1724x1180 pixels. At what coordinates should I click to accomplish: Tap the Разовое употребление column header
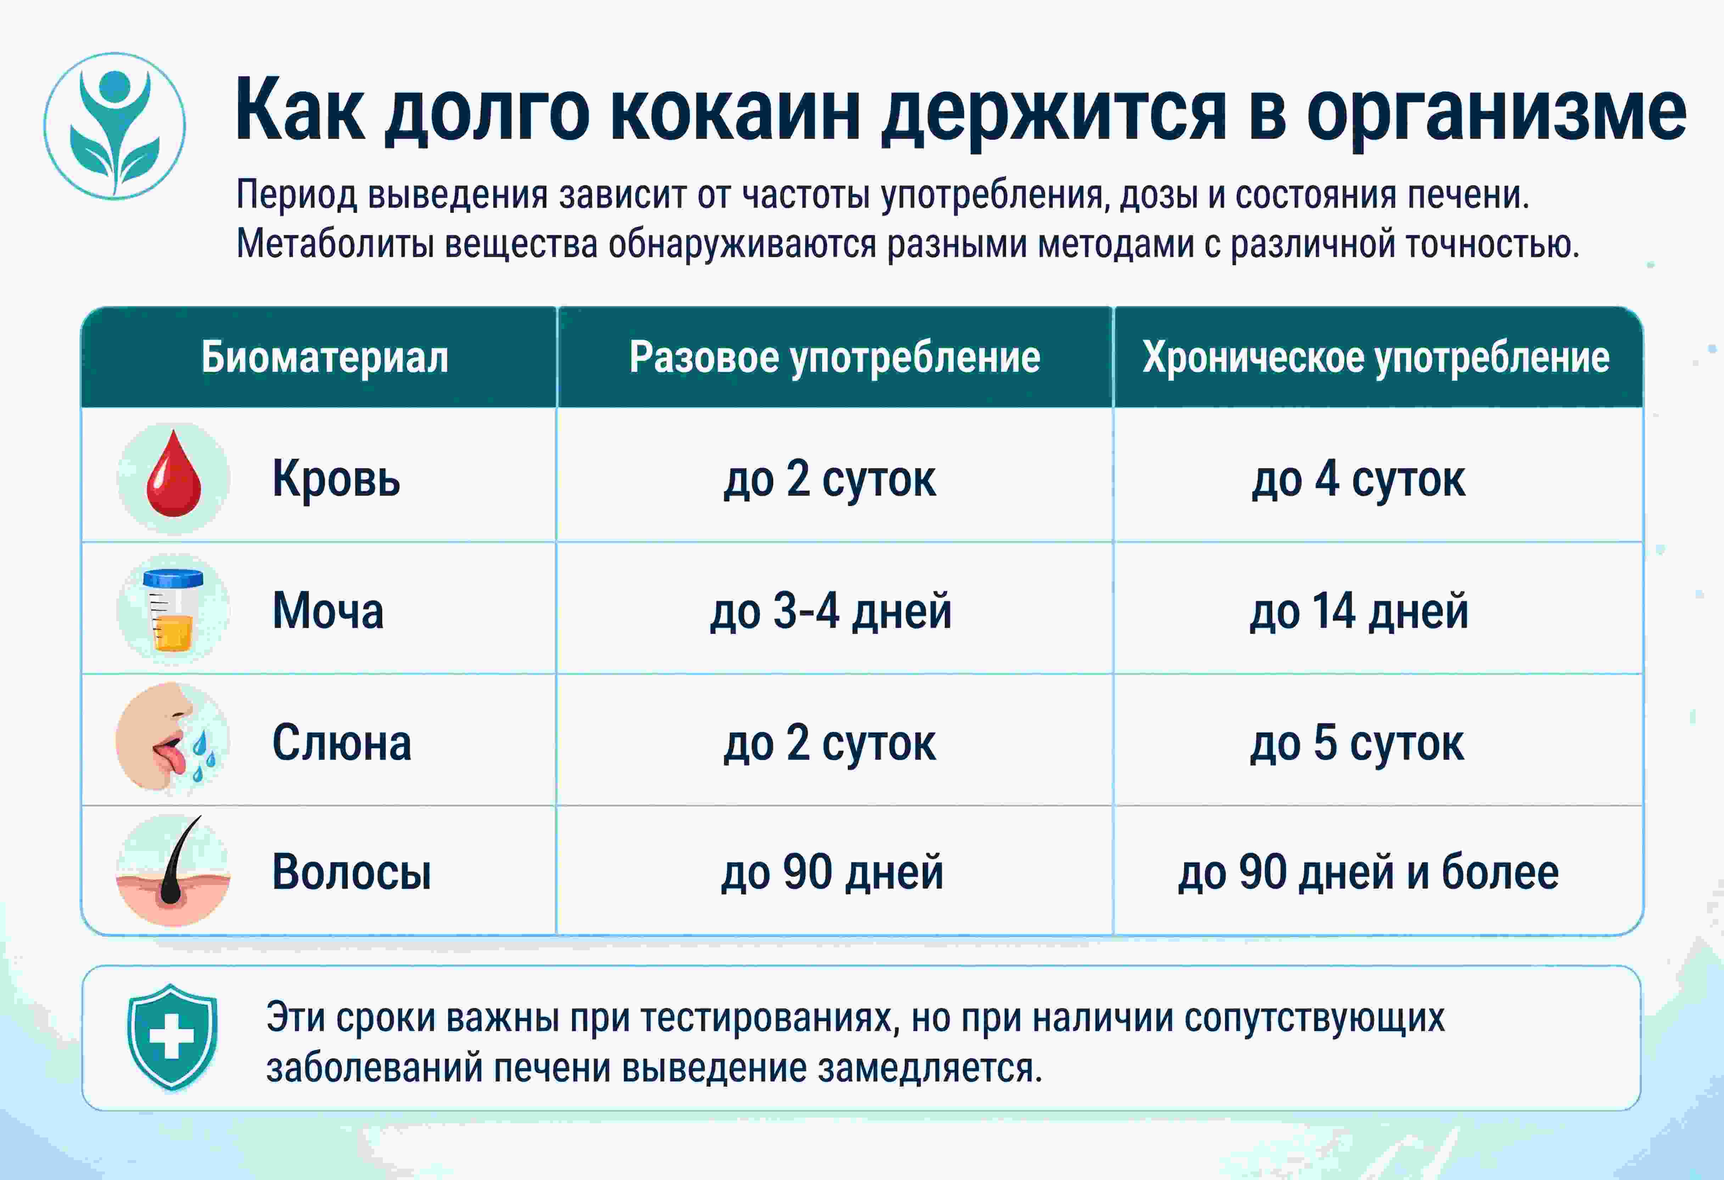pyautogui.click(x=835, y=358)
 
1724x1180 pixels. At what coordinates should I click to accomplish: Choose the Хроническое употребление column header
pyautogui.click(x=1376, y=358)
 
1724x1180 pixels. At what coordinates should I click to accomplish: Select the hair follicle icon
pyautogui.click(x=174, y=870)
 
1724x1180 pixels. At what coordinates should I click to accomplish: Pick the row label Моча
pyautogui.click(x=328, y=611)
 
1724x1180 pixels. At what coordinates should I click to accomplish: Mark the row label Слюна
pyautogui.click(x=341, y=743)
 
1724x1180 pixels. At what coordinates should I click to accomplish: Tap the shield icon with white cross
pyautogui.click(x=172, y=1037)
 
